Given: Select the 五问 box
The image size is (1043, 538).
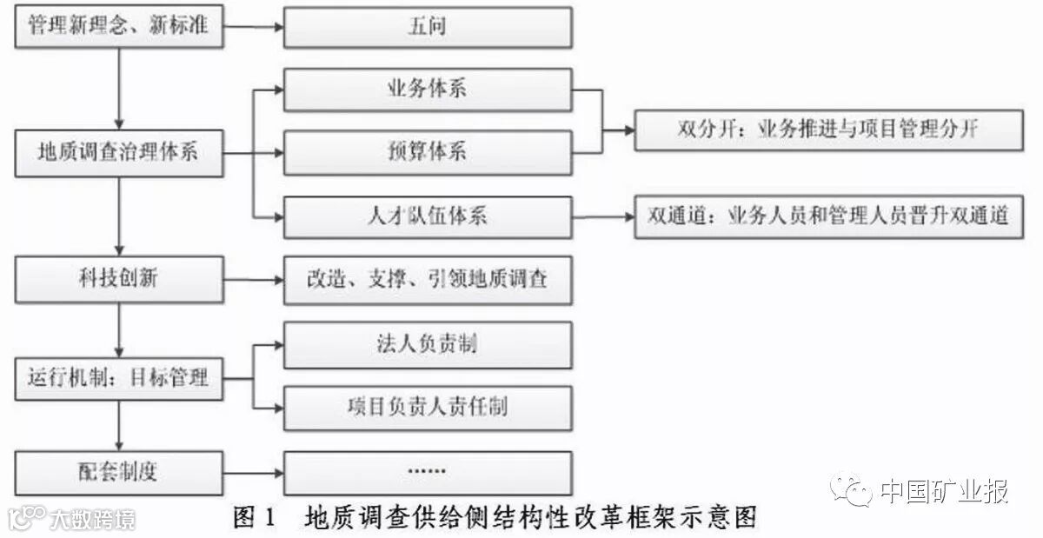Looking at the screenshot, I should (x=428, y=27).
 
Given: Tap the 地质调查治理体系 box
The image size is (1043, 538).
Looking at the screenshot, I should (x=119, y=152).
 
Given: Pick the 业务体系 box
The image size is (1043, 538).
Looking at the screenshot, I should (x=428, y=90).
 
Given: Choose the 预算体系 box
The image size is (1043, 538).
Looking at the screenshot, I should (x=428, y=151).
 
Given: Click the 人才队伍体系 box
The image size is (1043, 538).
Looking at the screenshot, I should (x=428, y=216).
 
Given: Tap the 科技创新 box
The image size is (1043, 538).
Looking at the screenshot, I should (x=119, y=280).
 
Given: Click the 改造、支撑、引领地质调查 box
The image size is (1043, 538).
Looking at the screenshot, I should (x=428, y=280).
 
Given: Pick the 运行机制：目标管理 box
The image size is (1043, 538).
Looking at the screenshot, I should (x=119, y=378).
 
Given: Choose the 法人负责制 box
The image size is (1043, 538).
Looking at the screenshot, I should (x=428, y=344).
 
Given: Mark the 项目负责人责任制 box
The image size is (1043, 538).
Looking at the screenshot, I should (x=428, y=407).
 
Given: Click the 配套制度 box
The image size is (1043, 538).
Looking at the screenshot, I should (x=119, y=473).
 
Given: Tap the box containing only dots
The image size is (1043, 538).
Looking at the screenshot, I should (x=428, y=473).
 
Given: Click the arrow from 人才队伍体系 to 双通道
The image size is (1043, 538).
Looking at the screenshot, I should (x=603, y=216).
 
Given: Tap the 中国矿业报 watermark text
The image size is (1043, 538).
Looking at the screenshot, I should (x=944, y=491).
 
